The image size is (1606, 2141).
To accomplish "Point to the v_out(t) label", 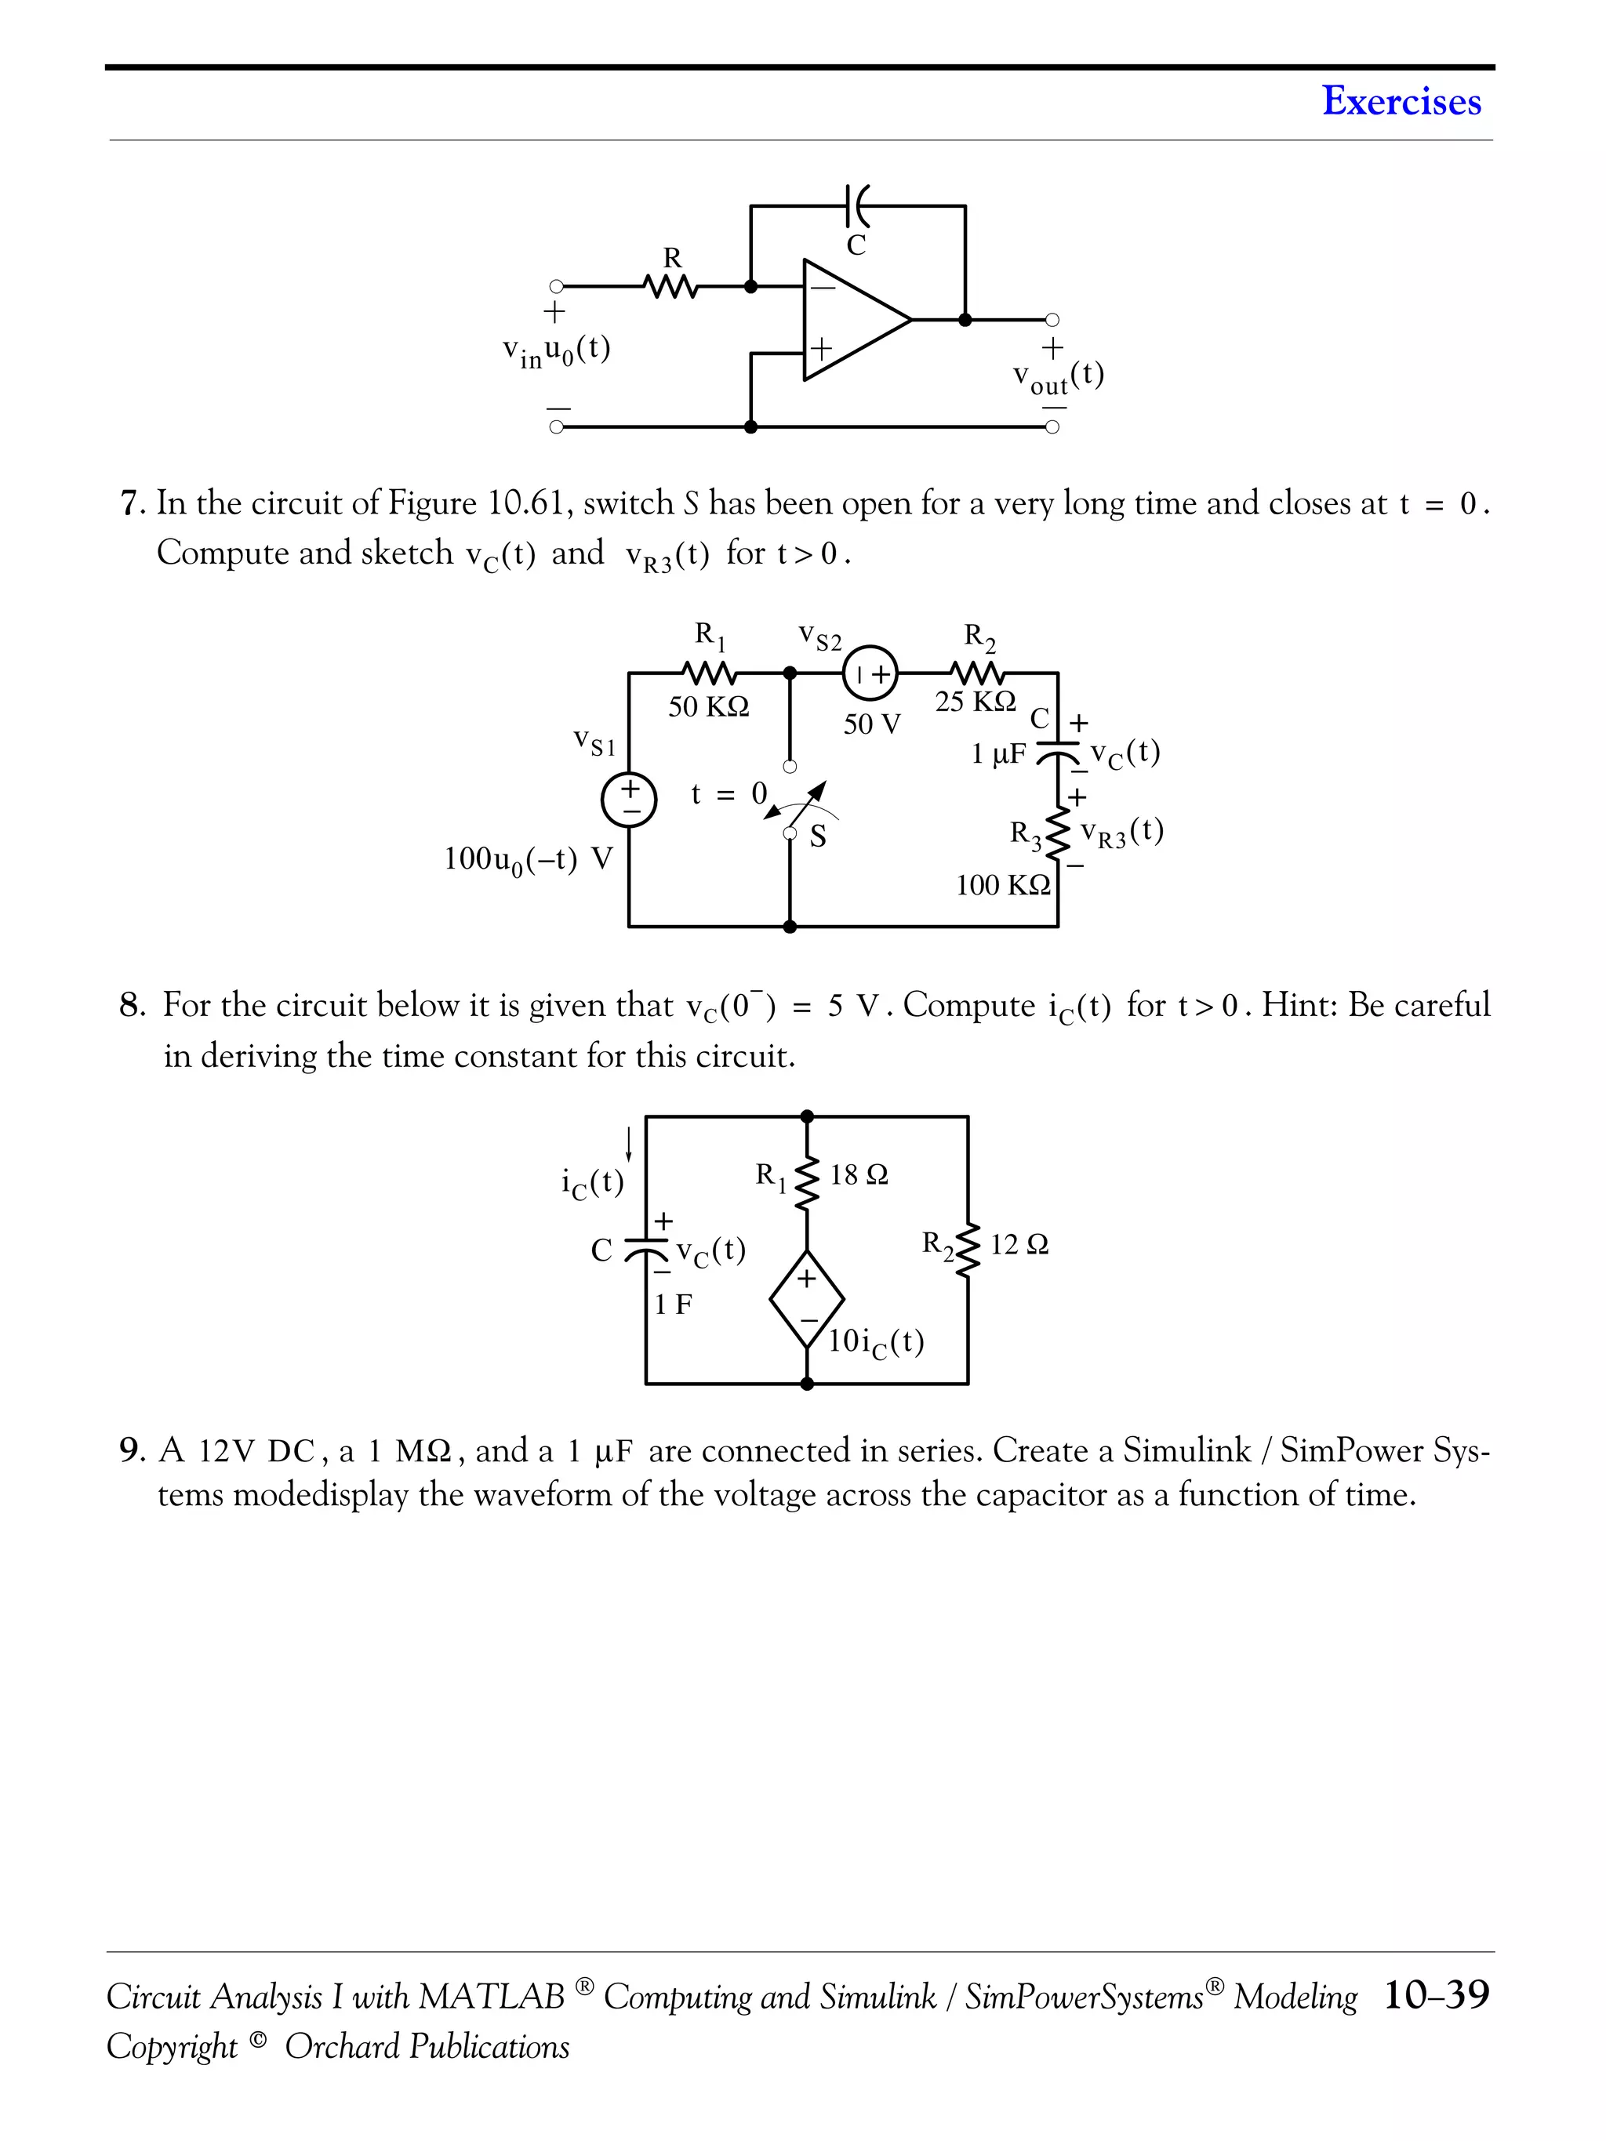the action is tap(1058, 378).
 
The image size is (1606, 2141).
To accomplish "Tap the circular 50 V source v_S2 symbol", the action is tap(870, 673).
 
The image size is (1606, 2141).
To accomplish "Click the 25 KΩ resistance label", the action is tap(975, 702).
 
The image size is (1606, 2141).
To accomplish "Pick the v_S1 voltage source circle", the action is tap(629, 801).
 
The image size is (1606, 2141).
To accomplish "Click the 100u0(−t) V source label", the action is tap(528, 859).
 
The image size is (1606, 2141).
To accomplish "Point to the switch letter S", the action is tap(818, 836).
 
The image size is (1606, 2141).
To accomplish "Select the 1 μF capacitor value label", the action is tap(998, 754).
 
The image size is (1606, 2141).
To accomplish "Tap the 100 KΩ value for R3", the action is tap(1003, 884).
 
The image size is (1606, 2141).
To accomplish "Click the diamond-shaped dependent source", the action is tap(806, 1299).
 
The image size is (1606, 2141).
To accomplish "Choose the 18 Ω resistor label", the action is tap(859, 1175).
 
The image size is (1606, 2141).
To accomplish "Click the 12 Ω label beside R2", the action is tap(1019, 1245).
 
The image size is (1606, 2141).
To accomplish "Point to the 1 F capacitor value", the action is tap(673, 1305).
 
